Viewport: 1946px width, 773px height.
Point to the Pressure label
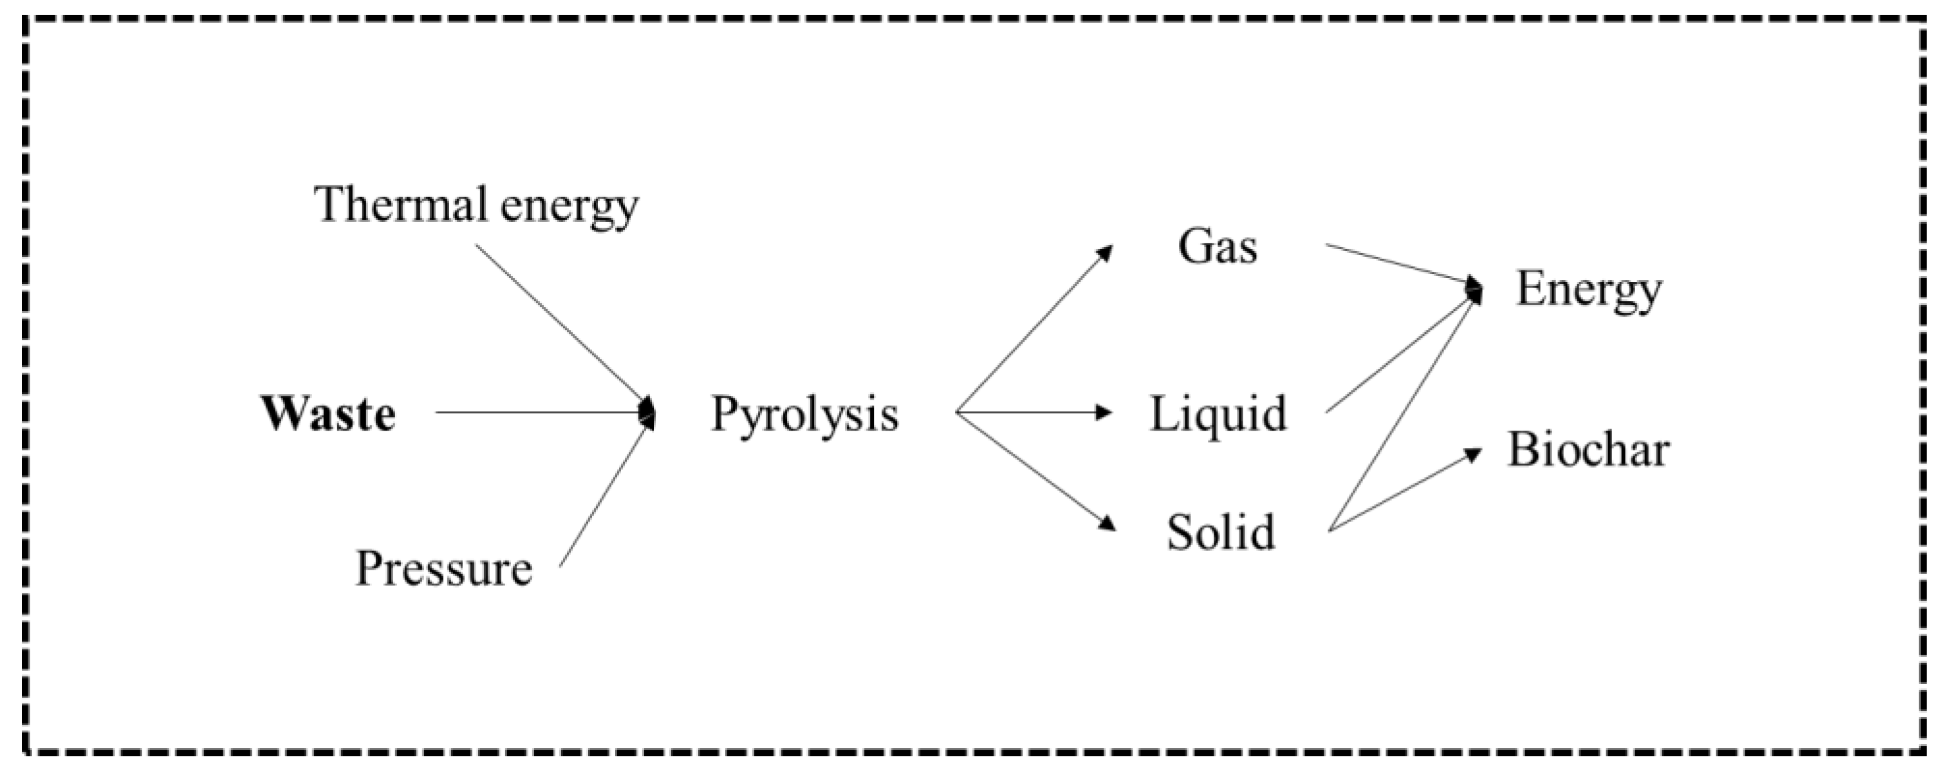click(443, 568)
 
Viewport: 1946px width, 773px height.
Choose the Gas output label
click(1217, 247)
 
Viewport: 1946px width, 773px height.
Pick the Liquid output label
click(1218, 414)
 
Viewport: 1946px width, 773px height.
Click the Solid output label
click(1221, 532)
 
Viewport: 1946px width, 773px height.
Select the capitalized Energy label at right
click(1589, 290)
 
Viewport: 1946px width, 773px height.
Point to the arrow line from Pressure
click(604, 496)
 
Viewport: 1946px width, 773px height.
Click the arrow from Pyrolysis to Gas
click(1033, 330)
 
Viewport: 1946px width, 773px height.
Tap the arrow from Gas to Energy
click(1398, 265)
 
